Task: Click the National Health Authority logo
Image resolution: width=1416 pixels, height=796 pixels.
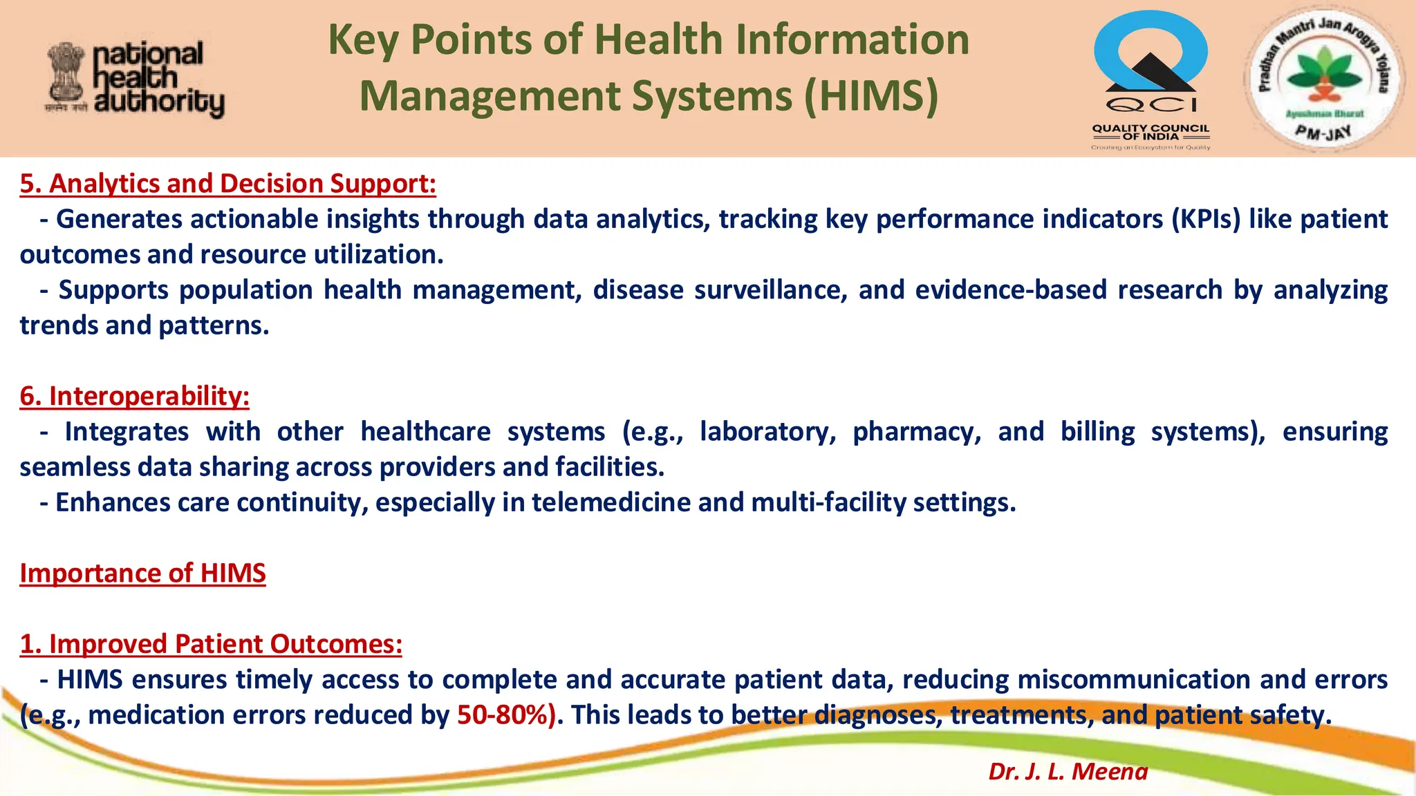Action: pyautogui.click(x=136, y=79)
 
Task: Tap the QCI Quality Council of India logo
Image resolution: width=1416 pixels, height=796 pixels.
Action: pyautogui.click(x=1150, y=79)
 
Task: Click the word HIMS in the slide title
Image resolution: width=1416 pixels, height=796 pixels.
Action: pyautogui.click(x=870, y=95)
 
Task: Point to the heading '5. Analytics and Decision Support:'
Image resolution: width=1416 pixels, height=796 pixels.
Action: pyautogui.click(x=228, y=184)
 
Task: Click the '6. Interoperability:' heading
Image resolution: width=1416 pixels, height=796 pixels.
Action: pyautogui.click(x=135, y=397)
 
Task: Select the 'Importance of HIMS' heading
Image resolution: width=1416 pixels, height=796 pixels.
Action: pyautogui.click(x=142, y=574)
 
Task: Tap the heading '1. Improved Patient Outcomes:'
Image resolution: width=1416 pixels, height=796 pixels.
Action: pyautogui.click(x=211, y=644)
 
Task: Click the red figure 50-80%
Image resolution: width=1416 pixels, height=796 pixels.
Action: pyautogui.click(x=506, y=715)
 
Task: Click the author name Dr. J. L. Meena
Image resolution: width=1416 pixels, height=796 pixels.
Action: pyautogui.click(x=1068, y=771)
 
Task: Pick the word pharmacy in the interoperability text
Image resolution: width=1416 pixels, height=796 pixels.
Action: pyautogui.click(x=917, y=432)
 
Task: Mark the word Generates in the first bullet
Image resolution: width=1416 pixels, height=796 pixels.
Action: pyautogui.click(x=119, y=219)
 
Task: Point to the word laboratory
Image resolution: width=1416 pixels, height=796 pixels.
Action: pyautogui.click(x=767, y=432)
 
